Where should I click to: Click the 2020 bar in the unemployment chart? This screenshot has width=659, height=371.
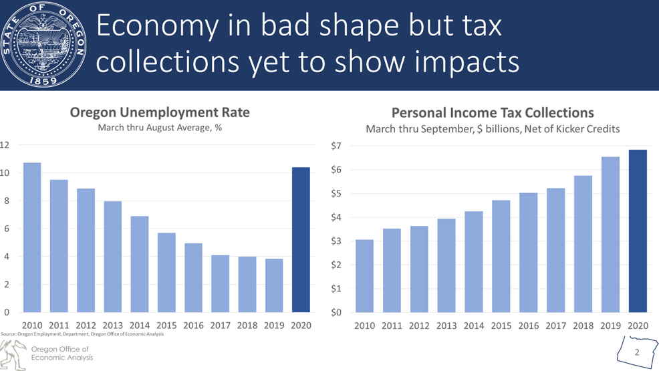point(301,240)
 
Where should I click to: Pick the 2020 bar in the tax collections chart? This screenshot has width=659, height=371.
point(638,231)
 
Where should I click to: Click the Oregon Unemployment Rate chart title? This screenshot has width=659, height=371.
point(160,112)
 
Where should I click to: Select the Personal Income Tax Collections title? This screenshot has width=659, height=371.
point(493,113)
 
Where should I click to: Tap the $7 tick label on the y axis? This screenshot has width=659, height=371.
point(337,146)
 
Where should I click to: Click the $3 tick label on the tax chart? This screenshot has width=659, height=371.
point(337,241)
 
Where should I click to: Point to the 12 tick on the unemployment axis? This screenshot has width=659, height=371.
point(5,145)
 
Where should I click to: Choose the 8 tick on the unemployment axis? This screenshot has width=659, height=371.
point(6,201)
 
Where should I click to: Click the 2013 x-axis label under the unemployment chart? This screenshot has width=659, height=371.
point(112,325)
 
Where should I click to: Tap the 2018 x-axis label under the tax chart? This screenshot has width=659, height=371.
point(583,326)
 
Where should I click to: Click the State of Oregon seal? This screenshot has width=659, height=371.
point(44,45)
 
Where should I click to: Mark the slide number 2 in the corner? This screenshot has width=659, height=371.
point(637,352)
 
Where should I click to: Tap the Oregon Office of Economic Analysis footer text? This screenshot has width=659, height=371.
point(61,353)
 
